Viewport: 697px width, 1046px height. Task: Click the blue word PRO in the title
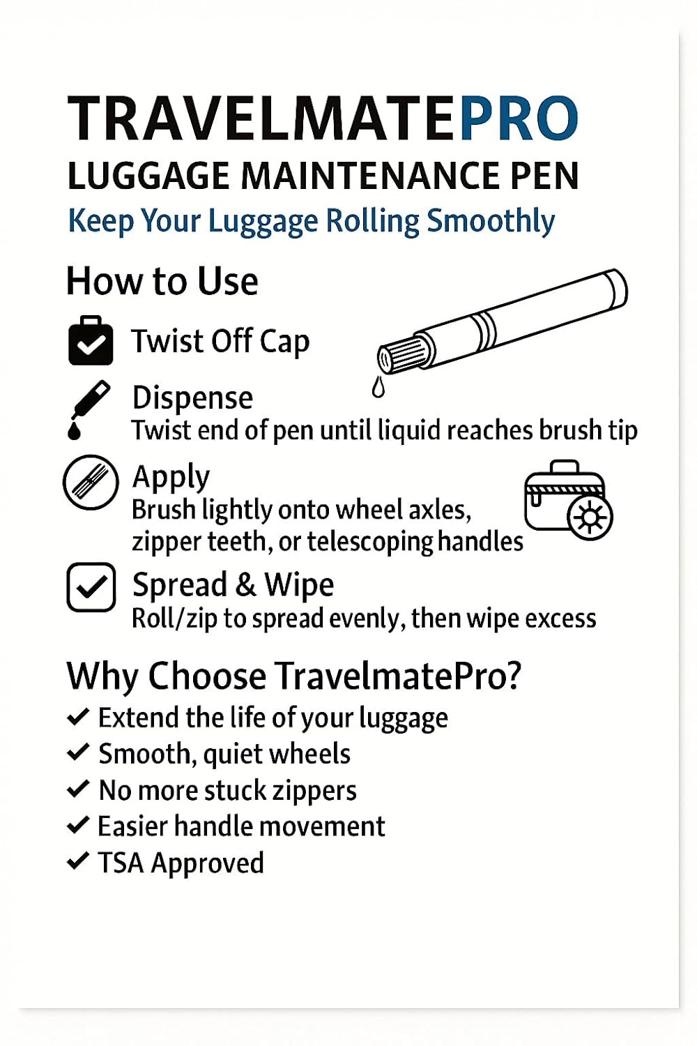[x=519, y=119]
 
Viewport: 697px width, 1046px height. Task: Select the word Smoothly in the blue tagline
[x=491, y=221]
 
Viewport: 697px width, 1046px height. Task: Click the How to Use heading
[x=162, y=282]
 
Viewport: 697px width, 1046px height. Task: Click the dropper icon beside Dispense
[x=88, y=410]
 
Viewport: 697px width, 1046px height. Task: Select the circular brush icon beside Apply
[x=91, y=482]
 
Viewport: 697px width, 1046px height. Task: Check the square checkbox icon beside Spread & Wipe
[x=91, y=587]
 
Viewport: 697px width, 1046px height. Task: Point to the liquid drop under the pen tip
[x=378, y=387]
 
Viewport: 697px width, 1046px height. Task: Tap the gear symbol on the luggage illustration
[x=590, y=517]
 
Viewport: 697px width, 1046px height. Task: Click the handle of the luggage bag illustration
[x=565, y=467]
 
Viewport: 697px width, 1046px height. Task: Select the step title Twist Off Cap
[x=220, y=342]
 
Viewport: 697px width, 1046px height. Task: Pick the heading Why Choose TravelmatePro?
[x=293, y=676]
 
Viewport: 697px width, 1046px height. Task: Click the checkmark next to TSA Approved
[x=78, y=861]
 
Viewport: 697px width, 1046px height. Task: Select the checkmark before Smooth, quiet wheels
[x=78, y=752]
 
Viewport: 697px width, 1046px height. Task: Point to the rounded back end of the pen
[x=616, y=288]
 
